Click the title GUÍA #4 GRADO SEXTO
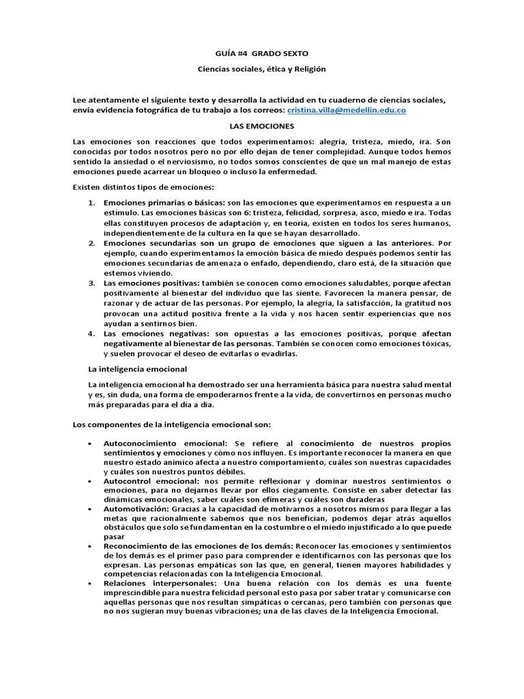(262, 53)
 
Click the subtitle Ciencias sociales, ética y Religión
(262, 69)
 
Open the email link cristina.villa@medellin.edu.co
(347, 110)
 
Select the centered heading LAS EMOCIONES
(262, 126)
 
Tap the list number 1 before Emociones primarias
(92, 203)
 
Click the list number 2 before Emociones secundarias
(92, 242)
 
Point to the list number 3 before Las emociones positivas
(92, 283)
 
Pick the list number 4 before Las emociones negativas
(92, 334)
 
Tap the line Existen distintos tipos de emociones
(143, 186)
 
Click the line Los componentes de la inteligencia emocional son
(172, 425)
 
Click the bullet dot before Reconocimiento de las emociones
(91, 547)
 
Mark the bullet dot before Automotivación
(91, 509)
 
